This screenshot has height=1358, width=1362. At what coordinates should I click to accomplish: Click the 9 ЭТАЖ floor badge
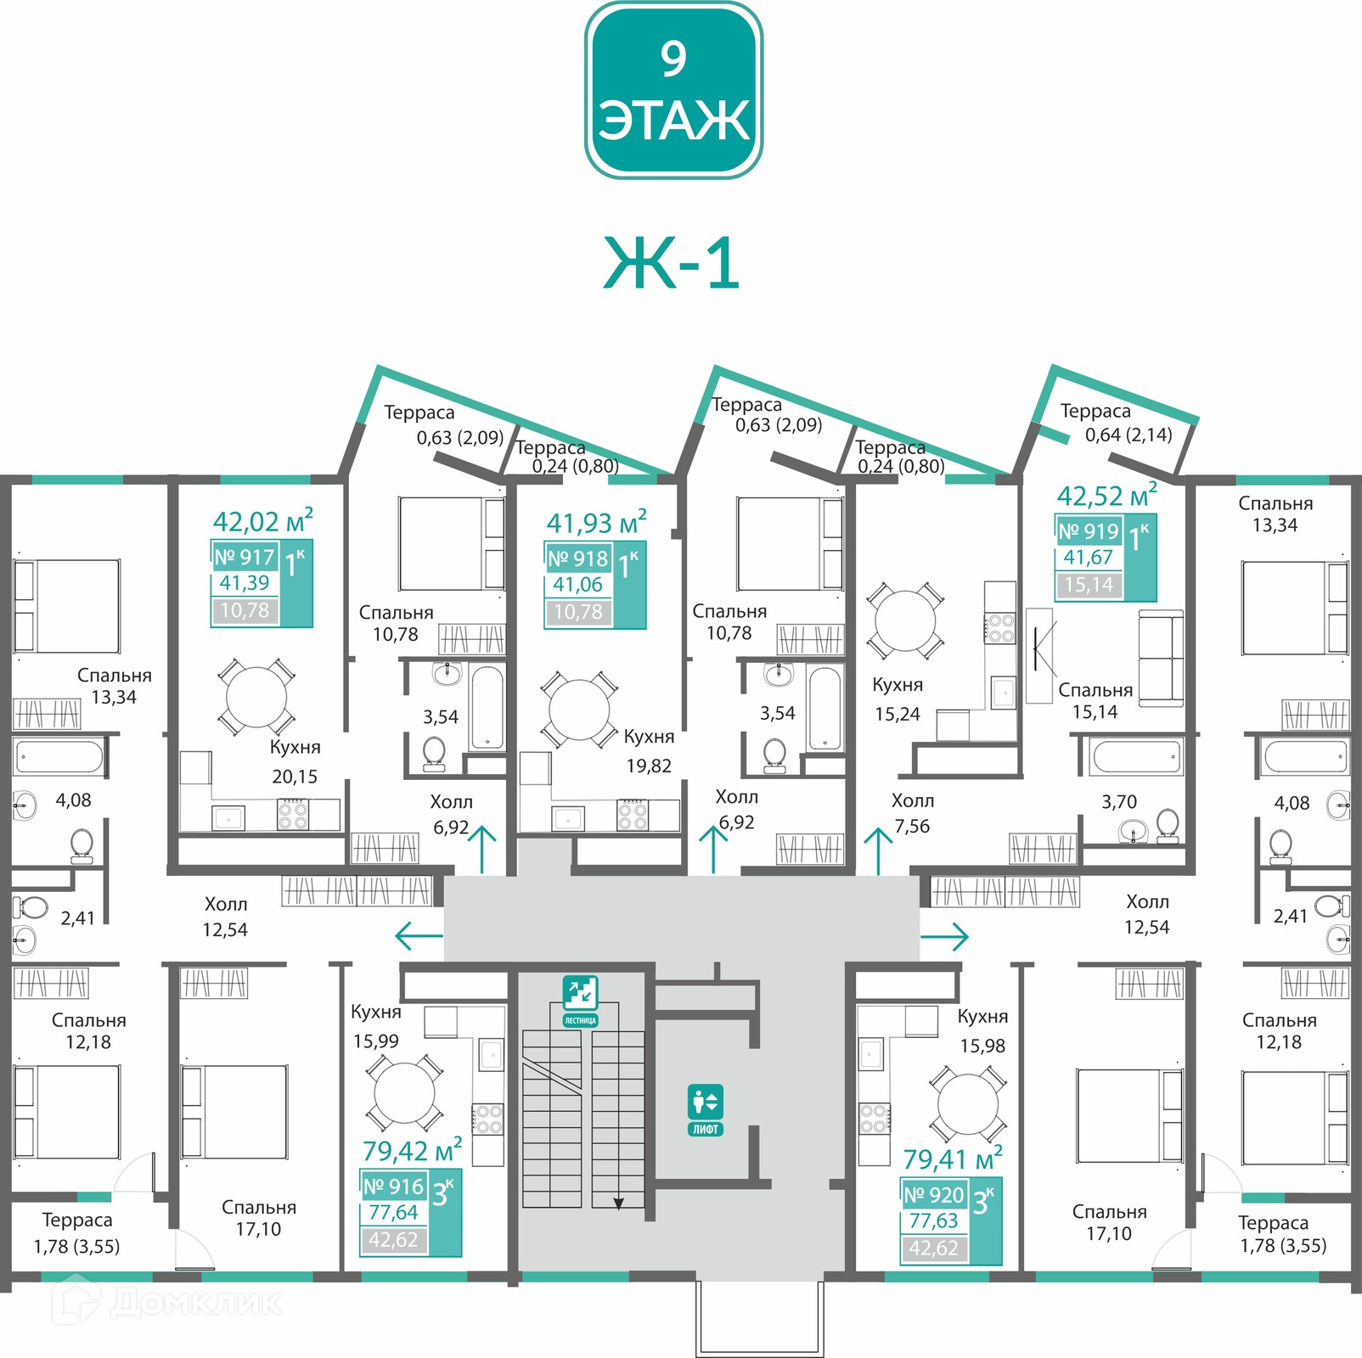[x=673, y=90]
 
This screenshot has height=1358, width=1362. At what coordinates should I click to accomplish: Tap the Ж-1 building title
[x=671, y=263]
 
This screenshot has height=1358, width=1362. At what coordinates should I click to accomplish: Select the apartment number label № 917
[x=245, y=557]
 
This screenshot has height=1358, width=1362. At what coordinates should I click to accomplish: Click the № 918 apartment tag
[x=578, y=558]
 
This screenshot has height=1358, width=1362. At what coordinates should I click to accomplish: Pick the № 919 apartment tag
[x=1089, y=531]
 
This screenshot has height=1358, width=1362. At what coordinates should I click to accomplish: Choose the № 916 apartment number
[x=393, y=1186]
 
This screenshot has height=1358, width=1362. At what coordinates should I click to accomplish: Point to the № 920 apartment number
[x=934, y=1194]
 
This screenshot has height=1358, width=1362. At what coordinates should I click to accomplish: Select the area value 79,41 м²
[x=953, y=1158]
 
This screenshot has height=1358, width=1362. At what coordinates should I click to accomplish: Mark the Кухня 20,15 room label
[x=295, y=761]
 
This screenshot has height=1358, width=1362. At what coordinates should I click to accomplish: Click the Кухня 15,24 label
[x=898, y=699]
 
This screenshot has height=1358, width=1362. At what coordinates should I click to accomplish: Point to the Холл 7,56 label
[x=913, y=813]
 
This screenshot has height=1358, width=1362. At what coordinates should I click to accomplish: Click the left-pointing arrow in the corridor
[x=419, y=936]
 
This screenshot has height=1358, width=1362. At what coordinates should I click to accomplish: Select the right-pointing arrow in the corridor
[x=944, y=936]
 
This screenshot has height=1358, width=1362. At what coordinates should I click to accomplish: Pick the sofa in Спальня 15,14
[x=1161, y=657]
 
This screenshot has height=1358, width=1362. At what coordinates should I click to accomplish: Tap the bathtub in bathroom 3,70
[x=1136, y=756]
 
